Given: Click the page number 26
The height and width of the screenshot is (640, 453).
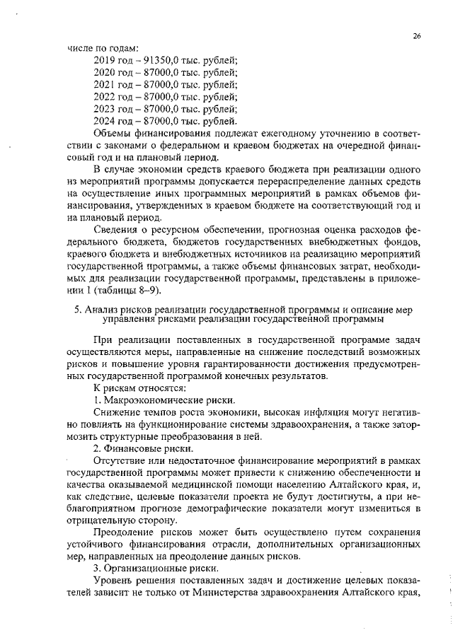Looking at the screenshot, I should point(418,35).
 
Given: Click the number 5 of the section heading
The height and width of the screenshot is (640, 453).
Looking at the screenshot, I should point(76,310).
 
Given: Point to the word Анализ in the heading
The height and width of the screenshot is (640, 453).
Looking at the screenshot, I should point(101,310).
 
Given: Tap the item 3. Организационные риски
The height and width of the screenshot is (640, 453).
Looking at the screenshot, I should point(157,568).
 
